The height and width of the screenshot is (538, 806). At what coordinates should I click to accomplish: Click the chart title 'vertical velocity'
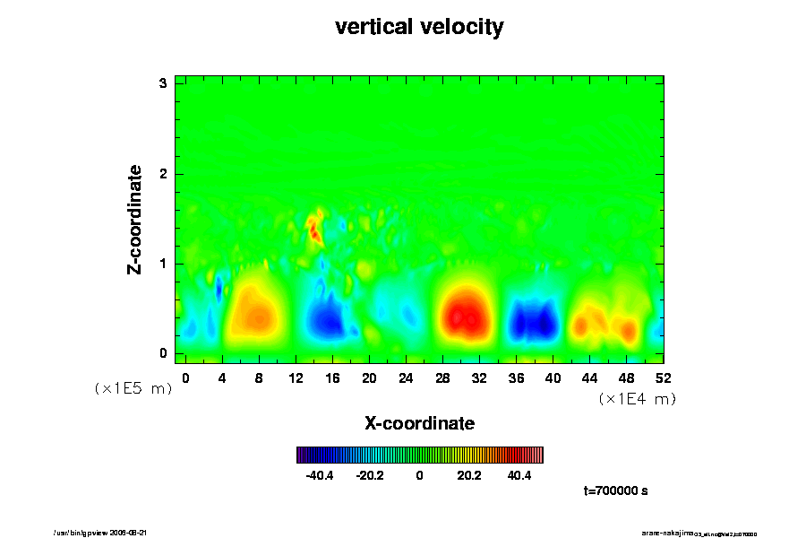pos(419,28)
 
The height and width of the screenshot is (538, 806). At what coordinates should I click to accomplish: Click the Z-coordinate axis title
pos(135,219)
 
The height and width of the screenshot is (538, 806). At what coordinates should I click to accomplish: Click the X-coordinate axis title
pos(419,422)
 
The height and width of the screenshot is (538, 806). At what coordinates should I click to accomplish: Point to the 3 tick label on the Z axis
pos(164,83)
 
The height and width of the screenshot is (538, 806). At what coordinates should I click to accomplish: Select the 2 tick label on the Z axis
pos(164,174)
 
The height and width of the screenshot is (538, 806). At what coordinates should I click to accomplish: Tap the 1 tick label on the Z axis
pos(164,264)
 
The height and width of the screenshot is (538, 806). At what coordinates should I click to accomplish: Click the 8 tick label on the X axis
pos(259,377)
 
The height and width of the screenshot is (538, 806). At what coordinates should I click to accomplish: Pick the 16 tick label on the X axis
pos(332,377)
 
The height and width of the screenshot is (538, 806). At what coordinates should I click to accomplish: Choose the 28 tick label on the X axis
pos(442,377)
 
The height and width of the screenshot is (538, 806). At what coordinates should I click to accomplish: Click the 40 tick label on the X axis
pos(553,377)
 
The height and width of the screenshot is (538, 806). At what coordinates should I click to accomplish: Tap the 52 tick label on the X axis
pos(664,377)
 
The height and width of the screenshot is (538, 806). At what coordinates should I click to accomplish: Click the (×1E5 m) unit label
pos(133,389)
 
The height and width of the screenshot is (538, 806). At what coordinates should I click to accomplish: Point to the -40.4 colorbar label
pos(320,476)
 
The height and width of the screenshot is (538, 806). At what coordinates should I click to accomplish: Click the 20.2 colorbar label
pos(469,476)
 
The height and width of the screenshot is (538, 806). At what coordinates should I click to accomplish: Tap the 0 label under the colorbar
pos(419,476)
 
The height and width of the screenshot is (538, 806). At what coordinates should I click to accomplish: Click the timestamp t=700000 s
pos(615,491)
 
